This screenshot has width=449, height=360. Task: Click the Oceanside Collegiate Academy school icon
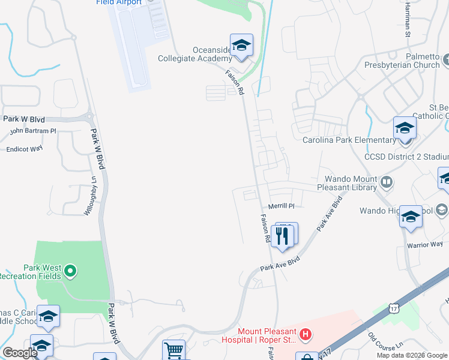coord(241,46)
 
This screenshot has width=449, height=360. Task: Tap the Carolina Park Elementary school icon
coord(405,128)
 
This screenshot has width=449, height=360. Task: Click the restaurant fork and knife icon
coord(283,235)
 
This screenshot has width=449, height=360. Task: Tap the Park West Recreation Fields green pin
coord(70,272)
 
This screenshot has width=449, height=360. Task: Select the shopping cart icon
coord(174,350)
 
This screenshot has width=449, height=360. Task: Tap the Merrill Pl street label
coord(282,206)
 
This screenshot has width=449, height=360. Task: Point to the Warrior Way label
coord(424,245)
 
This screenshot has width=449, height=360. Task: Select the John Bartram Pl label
coord(33,131)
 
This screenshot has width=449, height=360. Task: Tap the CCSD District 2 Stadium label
coord(406,157)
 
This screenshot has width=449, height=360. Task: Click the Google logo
coord(20,353)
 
